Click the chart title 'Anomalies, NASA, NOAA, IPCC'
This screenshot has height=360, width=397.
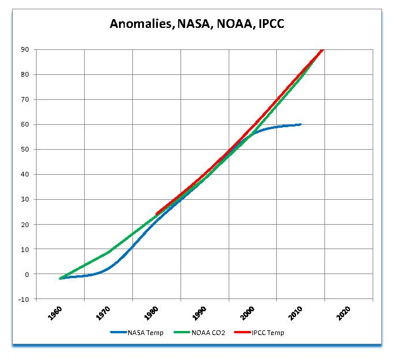[197, 24]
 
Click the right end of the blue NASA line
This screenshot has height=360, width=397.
[301, 124]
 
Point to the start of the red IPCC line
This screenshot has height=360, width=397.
[157, 214]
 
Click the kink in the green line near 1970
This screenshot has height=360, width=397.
[109, 252]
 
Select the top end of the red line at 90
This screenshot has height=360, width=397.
[323, 50]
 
